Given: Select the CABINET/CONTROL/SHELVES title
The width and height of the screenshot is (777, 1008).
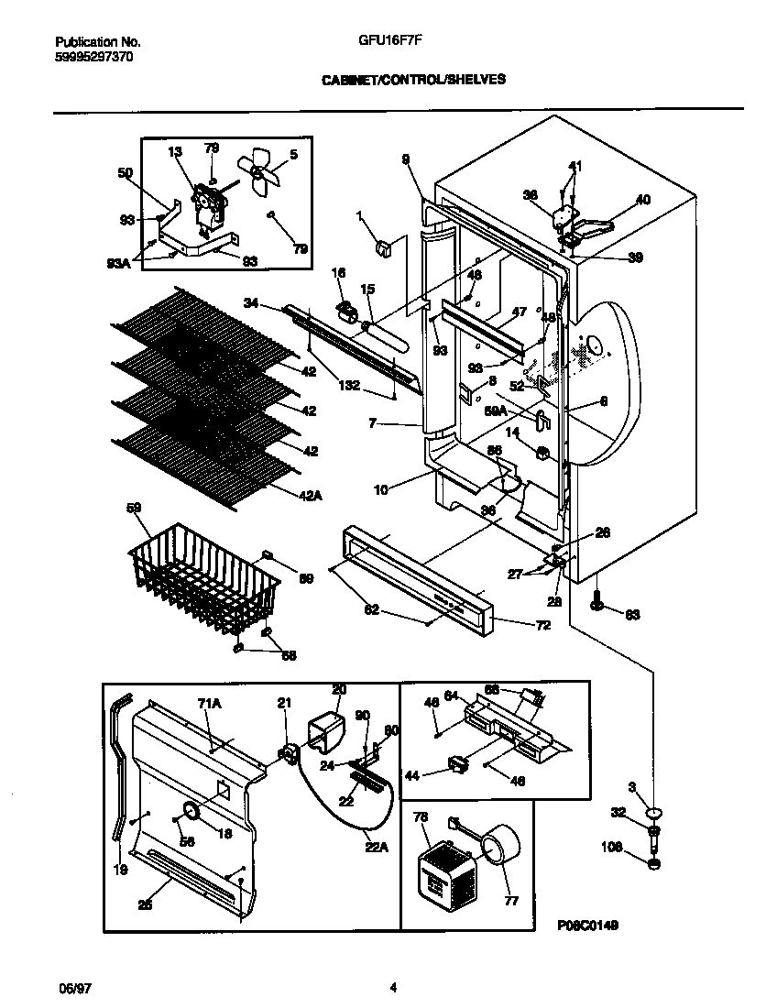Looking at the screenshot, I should point(413,80).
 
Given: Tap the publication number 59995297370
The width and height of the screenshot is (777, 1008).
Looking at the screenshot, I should point(93,56).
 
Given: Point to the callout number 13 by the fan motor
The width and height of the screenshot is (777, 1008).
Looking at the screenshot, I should point(175,152).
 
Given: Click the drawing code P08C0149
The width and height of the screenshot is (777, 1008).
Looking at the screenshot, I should point(587,926).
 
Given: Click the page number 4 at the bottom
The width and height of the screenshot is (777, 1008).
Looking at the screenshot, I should point(393,987).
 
